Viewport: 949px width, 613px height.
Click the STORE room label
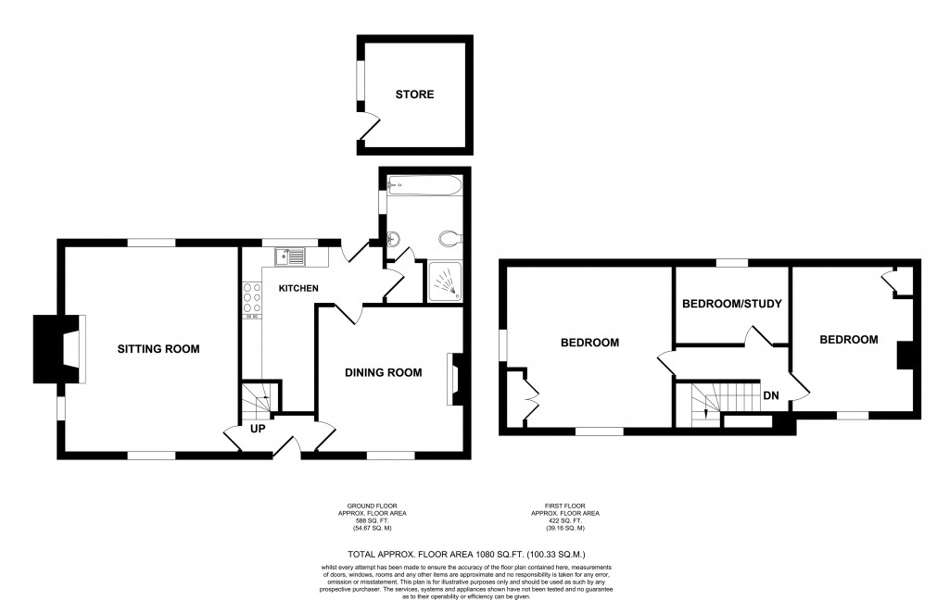click(x=414, y=94)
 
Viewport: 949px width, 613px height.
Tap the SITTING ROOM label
click(x=158, y=349)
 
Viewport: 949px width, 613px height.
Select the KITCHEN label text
click(x=298, y=289)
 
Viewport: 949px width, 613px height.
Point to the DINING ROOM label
click(x=383, y=373)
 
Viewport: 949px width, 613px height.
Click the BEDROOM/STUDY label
click(x=732, y=304)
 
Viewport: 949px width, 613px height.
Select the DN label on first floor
click(x=770, y=395)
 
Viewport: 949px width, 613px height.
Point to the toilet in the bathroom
click(x=449, y=238)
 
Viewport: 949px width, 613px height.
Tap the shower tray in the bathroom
click(x=447, y=281)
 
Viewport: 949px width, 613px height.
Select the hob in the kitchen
click(x=250, y=299)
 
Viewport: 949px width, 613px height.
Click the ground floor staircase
click(x=259, y=399)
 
